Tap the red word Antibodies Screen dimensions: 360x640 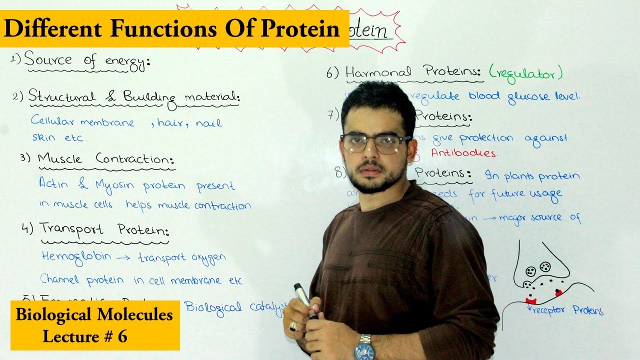(464, 153)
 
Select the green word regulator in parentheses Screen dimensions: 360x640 (525, 74)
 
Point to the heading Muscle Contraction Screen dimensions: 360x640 (106, 159)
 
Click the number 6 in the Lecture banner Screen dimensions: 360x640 (122, 336)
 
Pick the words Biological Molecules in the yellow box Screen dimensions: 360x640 (94, 315)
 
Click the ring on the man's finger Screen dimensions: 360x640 (293, 326)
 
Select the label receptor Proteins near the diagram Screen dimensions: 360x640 (568, 310)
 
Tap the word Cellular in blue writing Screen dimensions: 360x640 (51, 121)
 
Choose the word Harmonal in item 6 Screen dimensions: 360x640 (378, 72)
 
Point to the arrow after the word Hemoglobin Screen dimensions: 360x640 (123, 258)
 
